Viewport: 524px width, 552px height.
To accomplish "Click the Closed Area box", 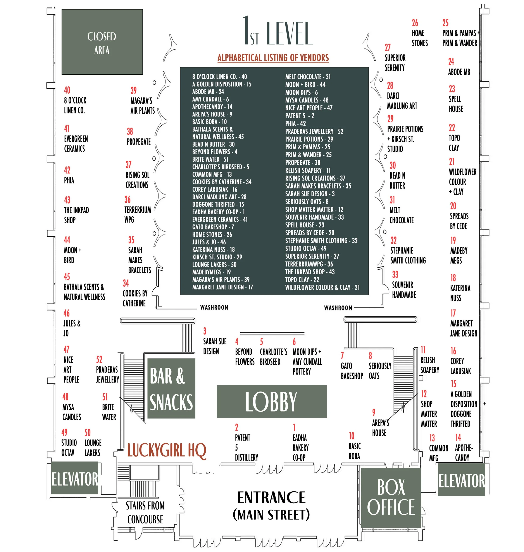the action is tap(102, 42).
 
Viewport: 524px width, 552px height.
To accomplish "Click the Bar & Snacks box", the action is tap(171, 388).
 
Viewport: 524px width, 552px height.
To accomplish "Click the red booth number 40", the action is tap(67, 90).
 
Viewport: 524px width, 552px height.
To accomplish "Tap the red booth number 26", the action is tap(415, 23).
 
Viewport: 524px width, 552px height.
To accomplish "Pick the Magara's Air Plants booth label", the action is tap(142, 106).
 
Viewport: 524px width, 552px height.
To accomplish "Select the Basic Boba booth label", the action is tap(354, 451).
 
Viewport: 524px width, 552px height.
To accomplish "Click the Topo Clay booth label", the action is tap(454, 143).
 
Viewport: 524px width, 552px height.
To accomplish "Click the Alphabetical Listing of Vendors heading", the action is tap(273, 58).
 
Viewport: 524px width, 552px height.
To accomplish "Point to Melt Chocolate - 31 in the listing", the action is tap(308, 77).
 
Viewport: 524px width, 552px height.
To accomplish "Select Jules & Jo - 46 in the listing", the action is tap(209, 242).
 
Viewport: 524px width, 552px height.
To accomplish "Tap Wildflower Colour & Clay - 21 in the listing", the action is tap(322, 287).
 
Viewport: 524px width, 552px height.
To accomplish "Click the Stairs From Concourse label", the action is tap(145, 512).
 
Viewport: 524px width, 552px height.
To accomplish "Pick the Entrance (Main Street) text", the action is tap(271, 506).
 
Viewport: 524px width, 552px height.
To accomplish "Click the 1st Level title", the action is tap(277, 32).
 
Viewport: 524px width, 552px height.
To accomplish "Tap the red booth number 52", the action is tap(99, 359).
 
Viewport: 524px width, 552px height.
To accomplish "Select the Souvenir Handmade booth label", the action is tap(404, 290).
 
